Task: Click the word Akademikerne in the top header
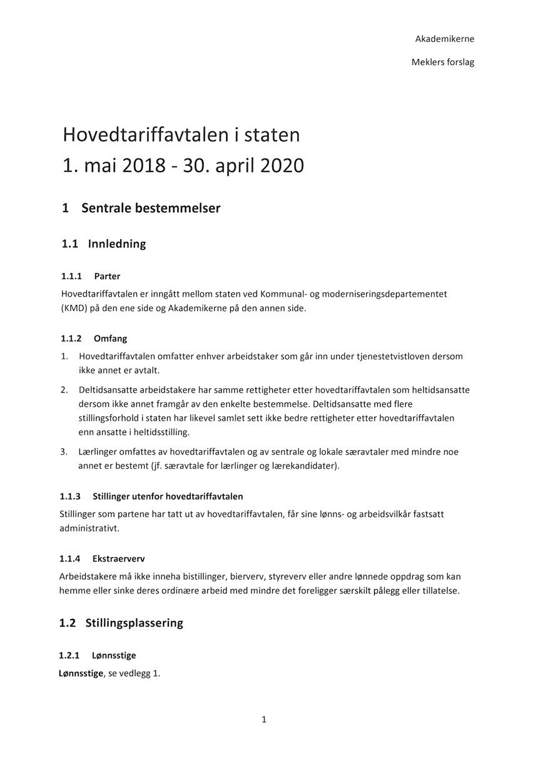pyautogui.click(x=444, y=39)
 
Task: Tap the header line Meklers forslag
pyautogui.click(x=443, y=62)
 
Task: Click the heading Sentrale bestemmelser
pyautogui.click(x=151, y=208)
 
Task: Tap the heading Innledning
pyautogui.click(x=117, y=243)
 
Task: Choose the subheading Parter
pyautogui.click(x=107, y=276)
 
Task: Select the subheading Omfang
pyautogui.click(x=110, y=339)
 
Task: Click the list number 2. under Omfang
pyautogui.click(x=64, y=390)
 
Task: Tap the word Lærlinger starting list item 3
pyautogui.click(x=100, y=451)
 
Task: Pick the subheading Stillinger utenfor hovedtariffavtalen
pyautogui.click(x=168, y=496)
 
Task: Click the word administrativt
pyautogui.click(x=89, y=528)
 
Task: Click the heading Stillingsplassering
pyautogui.click(x=136, y=623)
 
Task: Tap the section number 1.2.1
pyautogui.click(x=69, y=655)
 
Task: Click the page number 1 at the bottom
pyautogui.click(x=264, y=720)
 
